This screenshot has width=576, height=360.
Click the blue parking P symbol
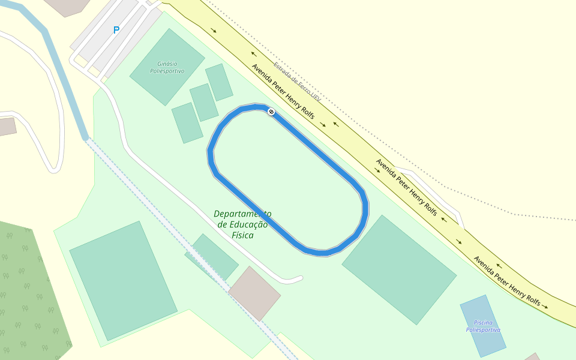[x=116, y=30]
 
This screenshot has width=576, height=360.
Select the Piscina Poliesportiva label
[x=483, y=326]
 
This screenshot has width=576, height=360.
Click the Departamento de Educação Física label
[x=242, y=224]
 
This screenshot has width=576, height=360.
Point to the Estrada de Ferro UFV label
[x=297, y=81]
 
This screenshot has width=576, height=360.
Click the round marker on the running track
[x=271, y=112]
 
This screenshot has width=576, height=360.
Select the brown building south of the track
[x=254, y=293]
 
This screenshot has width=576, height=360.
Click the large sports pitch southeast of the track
[x=399, y=270]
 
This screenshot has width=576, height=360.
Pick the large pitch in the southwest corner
[x=123, y=280]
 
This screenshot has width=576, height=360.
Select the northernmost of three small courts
[x=219, y=82]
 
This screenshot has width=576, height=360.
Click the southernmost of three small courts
[x=187, y=122]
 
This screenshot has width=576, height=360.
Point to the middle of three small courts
[x=204, y=102]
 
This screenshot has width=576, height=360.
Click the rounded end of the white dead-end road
[x=298, y=278]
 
